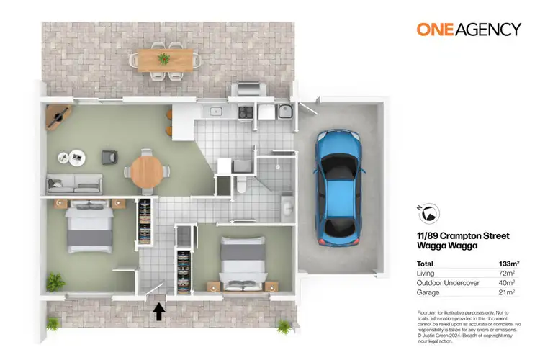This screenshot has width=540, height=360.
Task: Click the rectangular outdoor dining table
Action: pyautogui.click(x=163, y=58)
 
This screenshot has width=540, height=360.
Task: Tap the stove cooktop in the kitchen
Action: pyautogui.click(x=245, y=112)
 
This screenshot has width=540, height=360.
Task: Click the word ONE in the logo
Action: pyautogui.click(x=434, y=30)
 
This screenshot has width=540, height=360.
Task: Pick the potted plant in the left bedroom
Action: pyautogui.click(x=55, y=280)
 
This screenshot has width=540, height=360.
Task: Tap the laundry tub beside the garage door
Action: pyautogui.click(x=284, y=112)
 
